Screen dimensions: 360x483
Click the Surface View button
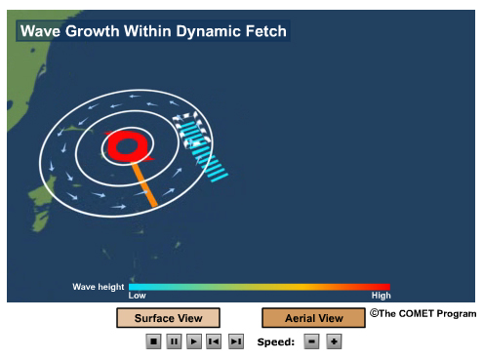click(168, 318)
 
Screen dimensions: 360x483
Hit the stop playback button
click(153, 341)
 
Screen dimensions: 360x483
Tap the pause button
click(174, 341)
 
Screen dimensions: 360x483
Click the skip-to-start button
click(214, 341)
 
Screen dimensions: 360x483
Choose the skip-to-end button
click(235, 341)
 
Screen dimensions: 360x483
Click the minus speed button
click(311, 341)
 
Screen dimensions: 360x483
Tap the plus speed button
click(334, 341)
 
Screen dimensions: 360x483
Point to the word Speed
click(275, 342)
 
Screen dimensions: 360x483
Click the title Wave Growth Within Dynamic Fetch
click(153, 31)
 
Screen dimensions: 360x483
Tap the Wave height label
click(98, 287)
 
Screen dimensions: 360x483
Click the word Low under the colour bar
click(138, 296)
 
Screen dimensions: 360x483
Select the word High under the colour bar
click(381, 296)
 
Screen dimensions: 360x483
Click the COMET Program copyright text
click(423, 314)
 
